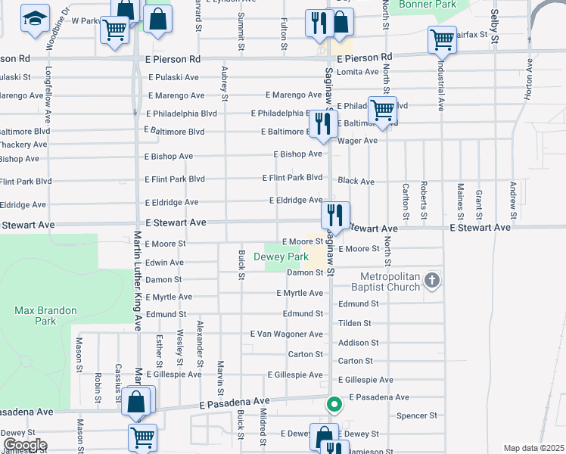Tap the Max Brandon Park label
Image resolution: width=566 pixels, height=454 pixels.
pyautogui.click(x=35, y=315)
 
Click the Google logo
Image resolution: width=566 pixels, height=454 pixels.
pyautogui.click(x=24, y=445)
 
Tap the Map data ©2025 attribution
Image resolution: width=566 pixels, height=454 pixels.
pyautogui.click(x=533, y=448)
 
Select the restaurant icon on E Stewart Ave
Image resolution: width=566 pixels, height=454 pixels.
pyautogui.click(x=334, y=214)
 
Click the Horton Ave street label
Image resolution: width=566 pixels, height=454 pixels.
pyautogui.click(x=528, y=82)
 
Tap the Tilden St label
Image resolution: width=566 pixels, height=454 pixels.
pyautogui.click(x=355, y=323)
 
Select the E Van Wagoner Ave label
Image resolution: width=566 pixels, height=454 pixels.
pyautogui.click(x=286, y=334)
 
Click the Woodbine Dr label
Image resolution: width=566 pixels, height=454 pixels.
pyautogui.click(x=56, y=29)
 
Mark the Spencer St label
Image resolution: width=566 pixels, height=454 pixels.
pyautogui.click(x=417, y=415)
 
